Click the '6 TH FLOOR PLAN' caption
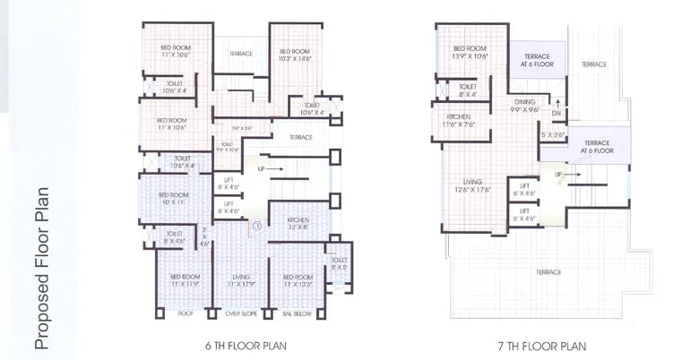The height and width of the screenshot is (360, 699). (245, 344)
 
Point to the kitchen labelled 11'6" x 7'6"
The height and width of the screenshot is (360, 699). (457, 121)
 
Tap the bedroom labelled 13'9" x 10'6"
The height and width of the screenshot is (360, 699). (470, 52)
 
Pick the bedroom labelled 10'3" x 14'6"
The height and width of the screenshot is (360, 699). (294, 56)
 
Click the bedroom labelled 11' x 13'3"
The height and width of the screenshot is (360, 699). (295, 281)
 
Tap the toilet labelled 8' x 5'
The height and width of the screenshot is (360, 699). (339, 264)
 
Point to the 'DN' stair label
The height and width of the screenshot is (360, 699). (557, 114)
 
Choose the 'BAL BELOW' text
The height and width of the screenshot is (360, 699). (295, 315)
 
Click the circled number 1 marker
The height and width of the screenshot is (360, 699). (256, 226)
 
